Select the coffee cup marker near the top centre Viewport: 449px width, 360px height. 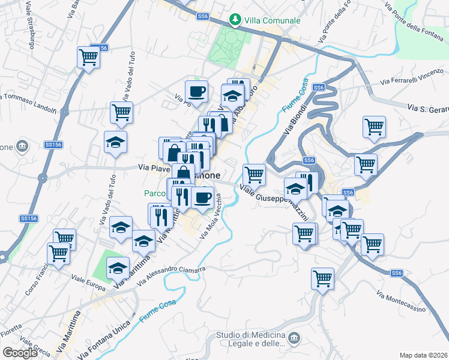196,92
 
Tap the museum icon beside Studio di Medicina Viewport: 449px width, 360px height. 294,338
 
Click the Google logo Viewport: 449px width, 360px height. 20,352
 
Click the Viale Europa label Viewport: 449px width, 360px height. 88,279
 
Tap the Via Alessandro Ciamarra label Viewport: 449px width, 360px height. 171,275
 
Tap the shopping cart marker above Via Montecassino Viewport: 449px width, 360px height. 323,278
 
